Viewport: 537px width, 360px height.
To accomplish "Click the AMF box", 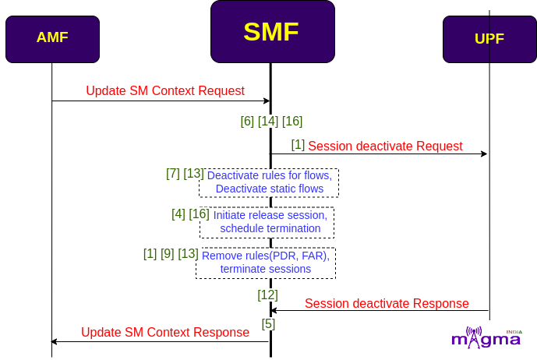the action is (52, 39).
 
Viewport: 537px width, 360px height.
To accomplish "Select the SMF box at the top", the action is (273, 31).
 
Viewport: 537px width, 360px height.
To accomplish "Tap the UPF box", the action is (489, 39).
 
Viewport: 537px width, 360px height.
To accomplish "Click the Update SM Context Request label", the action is (165, 90).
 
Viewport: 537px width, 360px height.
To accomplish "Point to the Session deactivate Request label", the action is (385, 146).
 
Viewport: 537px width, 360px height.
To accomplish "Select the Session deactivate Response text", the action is (387, 303).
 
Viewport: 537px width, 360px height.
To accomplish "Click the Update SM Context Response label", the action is (165, 332).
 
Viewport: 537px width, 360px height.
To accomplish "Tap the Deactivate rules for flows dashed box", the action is (269, 182).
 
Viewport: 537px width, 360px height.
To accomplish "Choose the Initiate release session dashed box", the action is (267, 222).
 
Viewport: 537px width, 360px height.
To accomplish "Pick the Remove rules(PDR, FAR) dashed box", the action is (266, 263).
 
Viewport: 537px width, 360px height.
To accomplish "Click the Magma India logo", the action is (486, 337).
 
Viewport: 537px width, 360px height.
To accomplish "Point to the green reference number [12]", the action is (267, 295).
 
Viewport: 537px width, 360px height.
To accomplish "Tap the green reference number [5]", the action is (268, 323).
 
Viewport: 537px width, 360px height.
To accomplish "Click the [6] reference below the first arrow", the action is (247, 121).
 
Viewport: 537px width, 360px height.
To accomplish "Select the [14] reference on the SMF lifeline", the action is (268, 121).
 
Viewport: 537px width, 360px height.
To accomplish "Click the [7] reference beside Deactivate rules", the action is (173, 173).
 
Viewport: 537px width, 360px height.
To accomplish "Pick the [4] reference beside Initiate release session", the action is (178, 214).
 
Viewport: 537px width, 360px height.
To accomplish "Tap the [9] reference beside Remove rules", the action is (167, 253).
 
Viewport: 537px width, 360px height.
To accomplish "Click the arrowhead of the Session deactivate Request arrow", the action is (484, 154).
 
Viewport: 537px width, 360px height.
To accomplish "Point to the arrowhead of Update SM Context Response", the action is (54, 341).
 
